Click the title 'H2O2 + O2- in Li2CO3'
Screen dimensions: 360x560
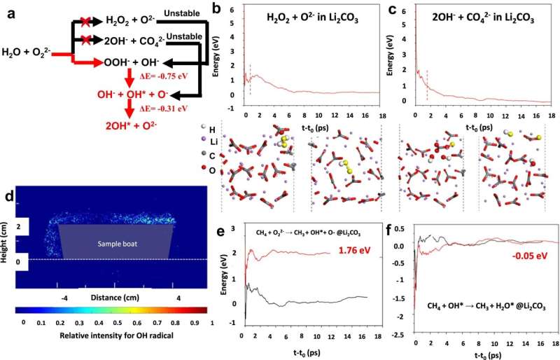309,17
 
